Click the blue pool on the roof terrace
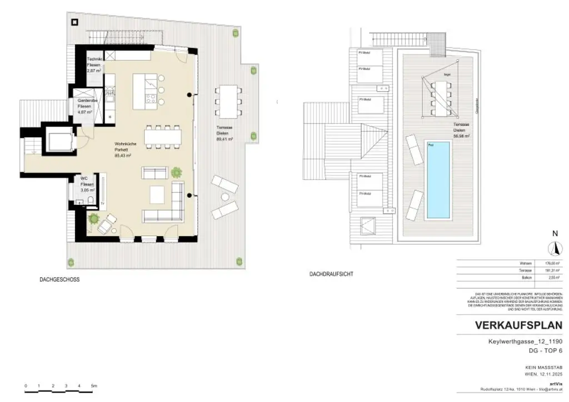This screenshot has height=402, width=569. (x=438, y=180)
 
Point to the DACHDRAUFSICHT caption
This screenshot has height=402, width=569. (x=332, y=274)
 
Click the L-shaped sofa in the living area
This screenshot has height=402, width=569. (x=167, y=208)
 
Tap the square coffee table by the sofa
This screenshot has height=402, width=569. (x=158, y=194)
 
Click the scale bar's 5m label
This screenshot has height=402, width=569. (x=93, y=385)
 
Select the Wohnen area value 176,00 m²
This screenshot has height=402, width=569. (x=539, y=263)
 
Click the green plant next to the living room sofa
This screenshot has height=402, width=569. (x=176, y=172)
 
